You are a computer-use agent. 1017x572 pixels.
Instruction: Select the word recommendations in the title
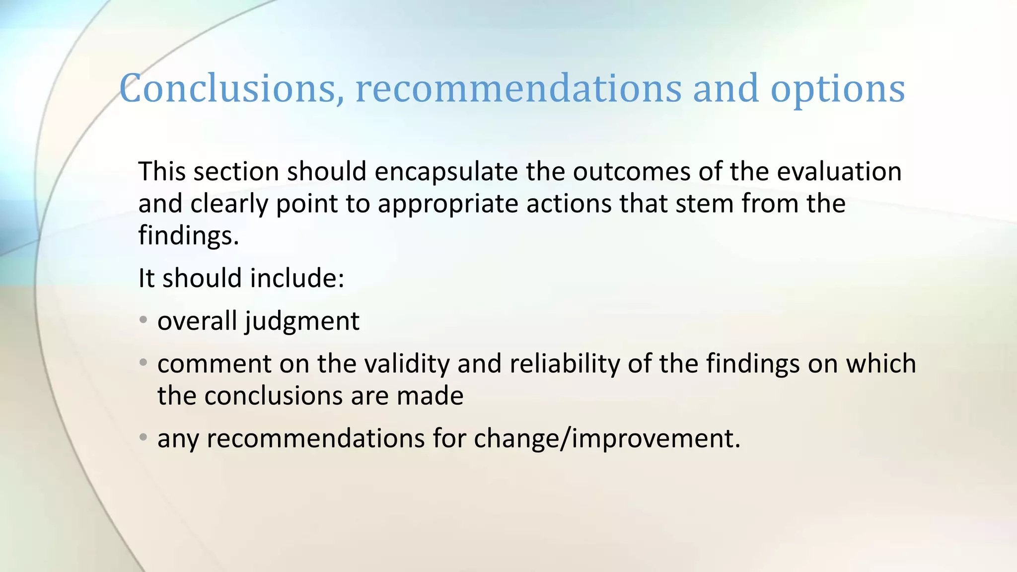click(518, 88)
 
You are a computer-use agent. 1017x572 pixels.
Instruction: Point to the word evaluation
click(839, 171)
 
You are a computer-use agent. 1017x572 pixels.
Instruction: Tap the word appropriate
click(447, 204)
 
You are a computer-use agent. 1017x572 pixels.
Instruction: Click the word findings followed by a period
click(188, 235)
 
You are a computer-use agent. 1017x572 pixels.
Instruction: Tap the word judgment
click(302, 321)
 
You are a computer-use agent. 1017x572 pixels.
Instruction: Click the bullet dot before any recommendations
click(144, 437)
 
